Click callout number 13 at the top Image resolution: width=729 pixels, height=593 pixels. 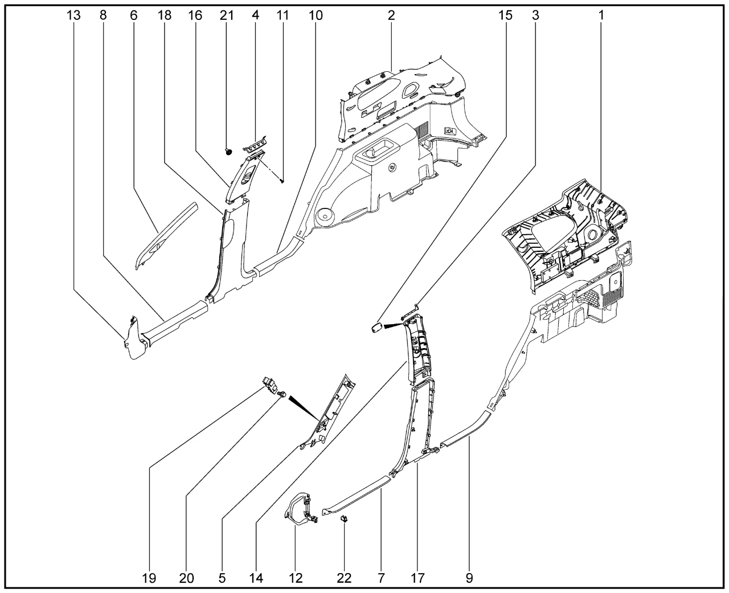tap(73, 16)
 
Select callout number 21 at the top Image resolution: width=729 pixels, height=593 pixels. tap(227, 16)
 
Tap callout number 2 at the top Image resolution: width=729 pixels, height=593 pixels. tap(391, 16)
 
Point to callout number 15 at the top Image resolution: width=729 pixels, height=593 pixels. tap(505, 16)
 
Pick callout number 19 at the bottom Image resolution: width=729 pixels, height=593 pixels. tap(149, 578)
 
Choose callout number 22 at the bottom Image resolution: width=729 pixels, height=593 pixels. tap(343, 578)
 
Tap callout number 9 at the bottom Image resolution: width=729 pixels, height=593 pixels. tap(469, 578)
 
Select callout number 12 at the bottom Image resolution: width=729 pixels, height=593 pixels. tap(296, 578)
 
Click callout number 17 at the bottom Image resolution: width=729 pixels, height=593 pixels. tap(417, 578)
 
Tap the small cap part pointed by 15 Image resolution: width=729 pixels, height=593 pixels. tap(376, 329)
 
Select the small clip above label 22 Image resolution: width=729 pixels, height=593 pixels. tap(344, 518)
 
